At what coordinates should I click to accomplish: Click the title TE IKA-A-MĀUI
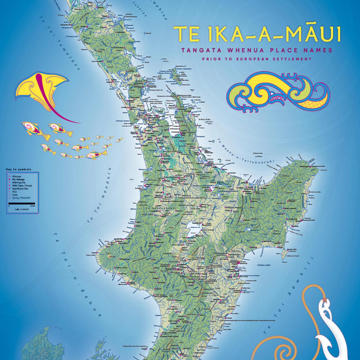click(x=257, y=34)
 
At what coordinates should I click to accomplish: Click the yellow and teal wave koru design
click(x=278, y=93)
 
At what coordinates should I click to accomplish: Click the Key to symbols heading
click(x=18, y=170)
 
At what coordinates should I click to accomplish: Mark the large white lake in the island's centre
click(x=194, y=230)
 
